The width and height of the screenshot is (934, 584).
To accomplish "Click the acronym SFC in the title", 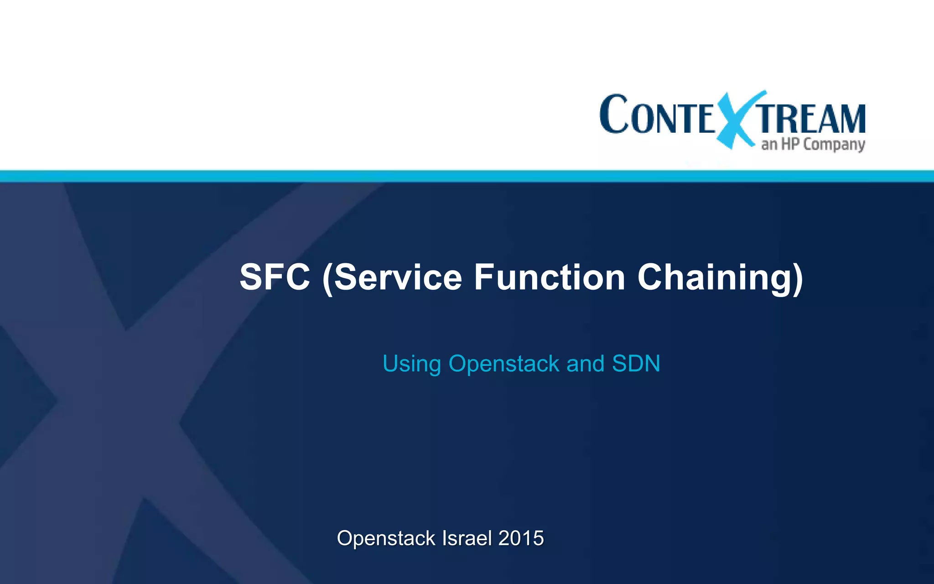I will coord(275,277).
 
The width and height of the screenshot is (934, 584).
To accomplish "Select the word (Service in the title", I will coord(392,277).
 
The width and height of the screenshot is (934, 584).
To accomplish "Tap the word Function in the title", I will coord(550,277).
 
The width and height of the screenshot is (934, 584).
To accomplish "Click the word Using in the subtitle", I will coord(412,364).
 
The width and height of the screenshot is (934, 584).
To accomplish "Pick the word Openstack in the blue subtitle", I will coord(504,364).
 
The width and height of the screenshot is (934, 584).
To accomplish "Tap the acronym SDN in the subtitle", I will coord(636,364).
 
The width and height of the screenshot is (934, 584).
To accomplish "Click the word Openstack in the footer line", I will coord(386,538).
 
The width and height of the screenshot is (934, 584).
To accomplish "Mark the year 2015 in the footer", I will coord(521,538).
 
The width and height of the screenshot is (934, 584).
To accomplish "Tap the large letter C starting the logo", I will coord(614,114).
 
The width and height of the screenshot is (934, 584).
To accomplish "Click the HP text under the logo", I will coord(790,144).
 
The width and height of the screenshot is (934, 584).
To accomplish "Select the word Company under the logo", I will coord(834,145).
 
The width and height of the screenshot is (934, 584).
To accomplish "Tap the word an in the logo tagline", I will coord(769,145).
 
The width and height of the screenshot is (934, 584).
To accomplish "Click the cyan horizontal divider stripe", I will coord(467,176).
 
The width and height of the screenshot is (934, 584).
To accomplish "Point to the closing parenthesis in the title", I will coord(797,278).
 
